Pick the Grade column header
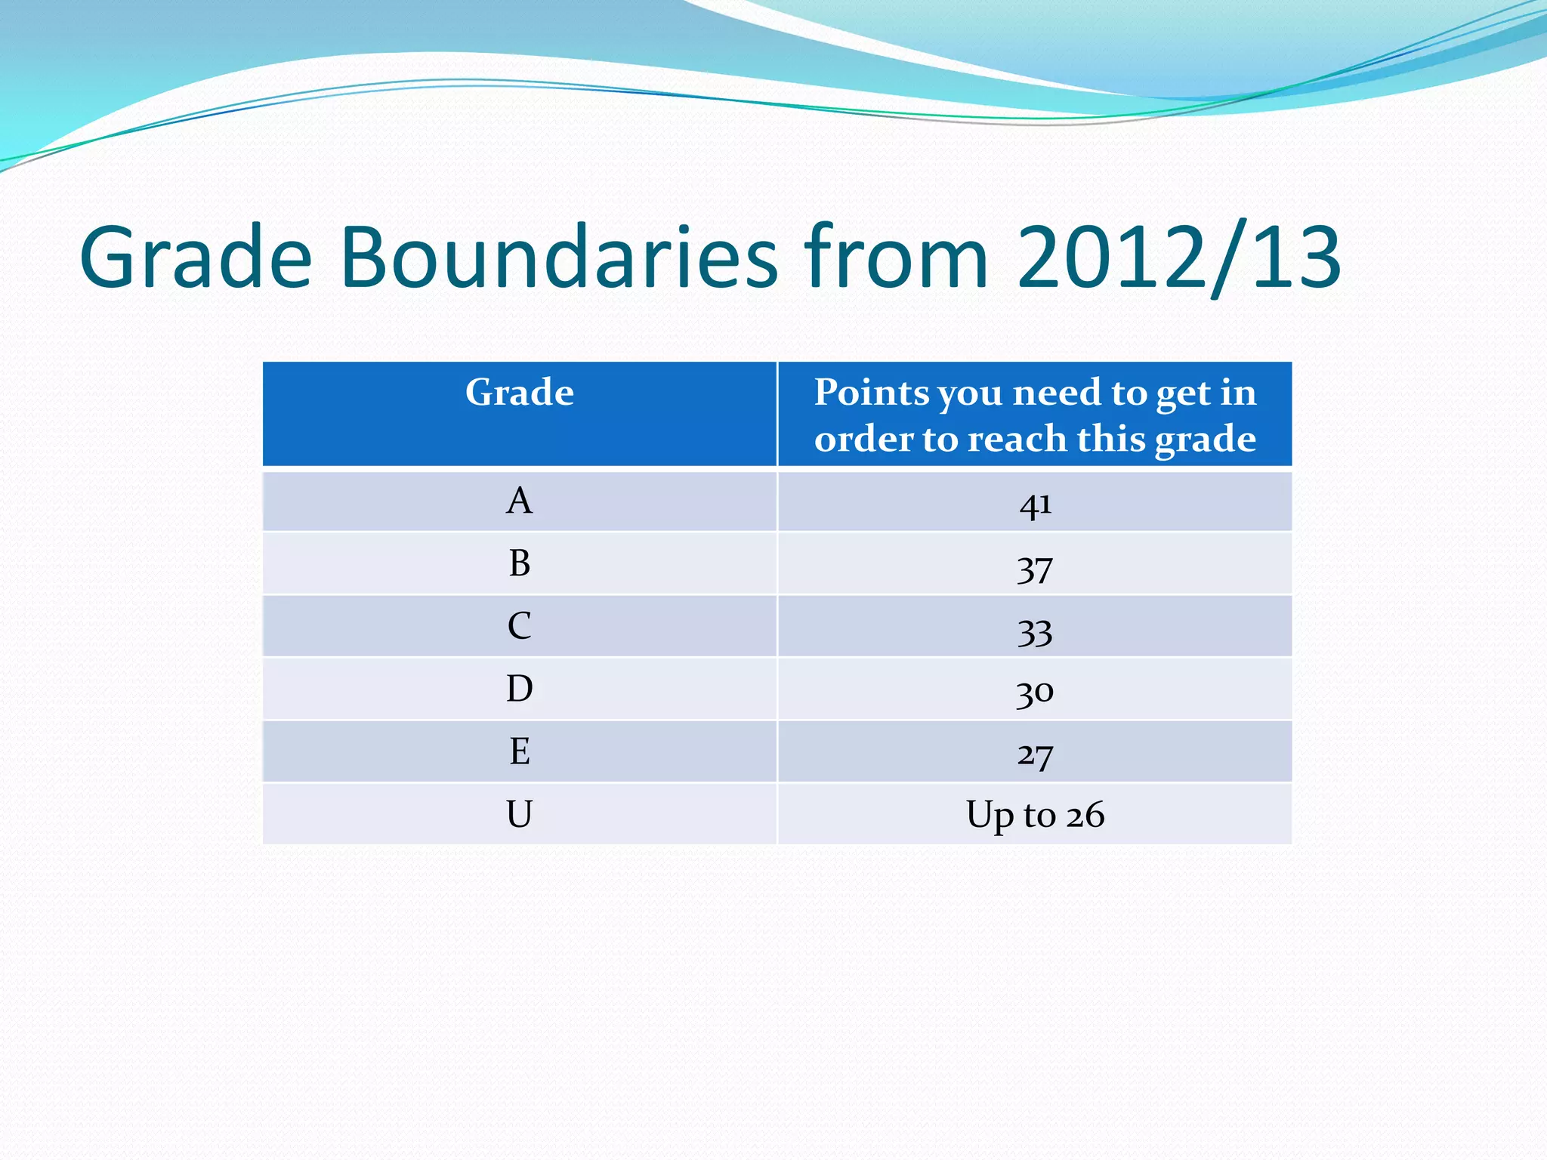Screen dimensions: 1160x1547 tap(520, 393)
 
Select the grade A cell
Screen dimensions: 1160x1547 tap(520, 501)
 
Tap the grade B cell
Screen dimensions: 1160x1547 tap(520, 564)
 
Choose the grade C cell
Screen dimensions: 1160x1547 tap(520, 626)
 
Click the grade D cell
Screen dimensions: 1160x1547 tap(520, 689)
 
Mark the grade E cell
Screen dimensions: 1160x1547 tap(520, 751)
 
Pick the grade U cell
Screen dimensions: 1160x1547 tap(520, 814)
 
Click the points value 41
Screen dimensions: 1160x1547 tap(1035, 504)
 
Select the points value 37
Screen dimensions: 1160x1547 tap(1035, 568)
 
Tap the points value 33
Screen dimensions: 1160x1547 tap(1035, 631)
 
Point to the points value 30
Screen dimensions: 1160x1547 tap(1035, 691)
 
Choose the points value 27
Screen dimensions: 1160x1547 tap(1035, 754)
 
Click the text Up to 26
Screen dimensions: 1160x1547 tap(1035, 816)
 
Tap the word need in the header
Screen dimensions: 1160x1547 tap(1057, 393)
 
